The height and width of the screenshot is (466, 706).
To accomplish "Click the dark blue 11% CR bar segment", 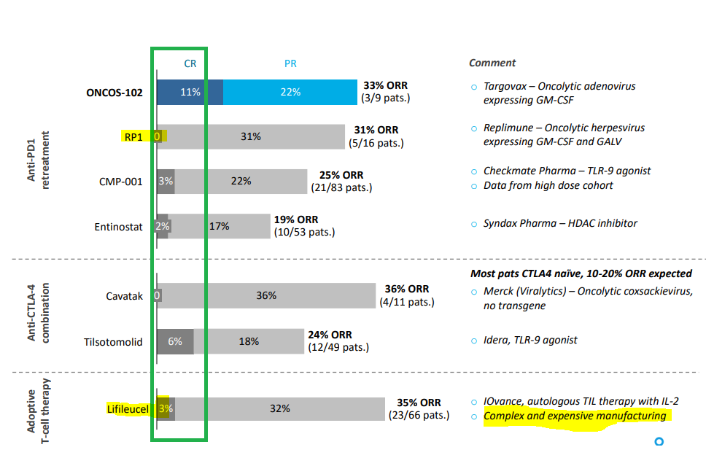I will pos(190,92).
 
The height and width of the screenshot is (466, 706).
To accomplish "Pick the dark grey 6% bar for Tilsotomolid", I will pos(176,341).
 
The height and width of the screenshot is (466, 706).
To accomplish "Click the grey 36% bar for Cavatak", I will pos(267,295).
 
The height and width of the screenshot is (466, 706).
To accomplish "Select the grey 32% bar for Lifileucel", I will pos(279,408).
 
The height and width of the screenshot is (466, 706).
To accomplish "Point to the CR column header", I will pos(190,63).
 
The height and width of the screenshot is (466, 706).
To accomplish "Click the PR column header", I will pos(290,63).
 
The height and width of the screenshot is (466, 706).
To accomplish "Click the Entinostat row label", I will pos(118,227).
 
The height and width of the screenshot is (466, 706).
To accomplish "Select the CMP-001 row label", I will pos(120,182).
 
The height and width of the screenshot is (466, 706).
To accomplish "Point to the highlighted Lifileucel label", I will pos(128,409).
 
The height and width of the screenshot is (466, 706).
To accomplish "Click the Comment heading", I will pos(492,63).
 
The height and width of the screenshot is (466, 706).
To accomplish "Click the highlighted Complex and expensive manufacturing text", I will pos(575,416).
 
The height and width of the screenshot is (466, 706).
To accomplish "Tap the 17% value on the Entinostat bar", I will pos(219,226).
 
